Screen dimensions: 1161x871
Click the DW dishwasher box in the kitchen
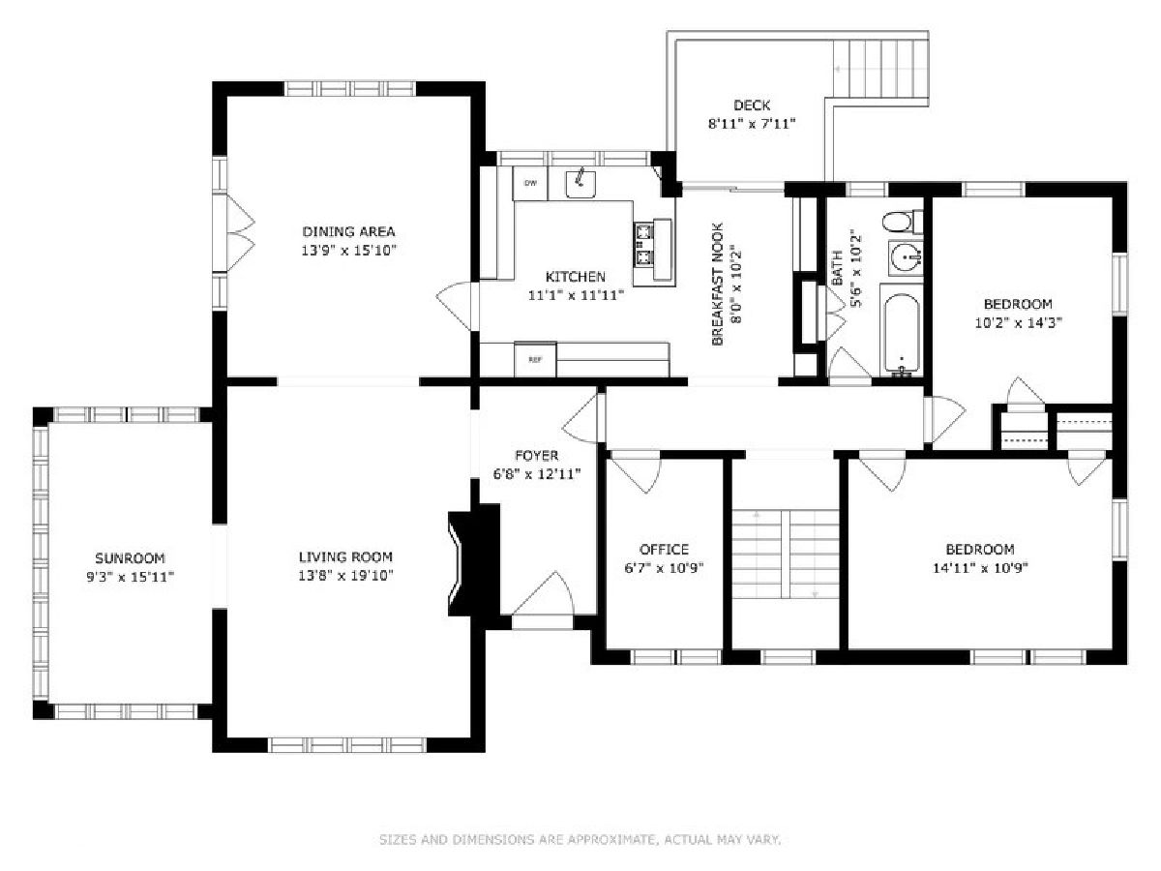(530, 184)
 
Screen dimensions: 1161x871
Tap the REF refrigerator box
(535, 360)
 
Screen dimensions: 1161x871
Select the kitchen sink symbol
(580, 184)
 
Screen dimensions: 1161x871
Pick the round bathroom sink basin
(905, 258)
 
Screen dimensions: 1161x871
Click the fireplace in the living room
(473, 563)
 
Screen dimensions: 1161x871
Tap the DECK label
(752, 105)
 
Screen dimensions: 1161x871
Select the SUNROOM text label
(130, 558)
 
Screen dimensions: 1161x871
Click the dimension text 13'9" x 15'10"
(348, 250)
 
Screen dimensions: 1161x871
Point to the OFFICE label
(664, 550)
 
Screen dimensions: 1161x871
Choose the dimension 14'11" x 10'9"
(980, 568)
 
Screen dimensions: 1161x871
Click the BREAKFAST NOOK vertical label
(717, 285)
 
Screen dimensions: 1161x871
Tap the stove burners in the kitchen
(643, 244)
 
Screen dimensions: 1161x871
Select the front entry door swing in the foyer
(543, 594)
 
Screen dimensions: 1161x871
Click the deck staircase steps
(880, 69)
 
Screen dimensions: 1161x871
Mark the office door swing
(635, 471)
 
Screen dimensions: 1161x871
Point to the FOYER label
(536, 455)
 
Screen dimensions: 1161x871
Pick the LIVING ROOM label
(345, 556)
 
